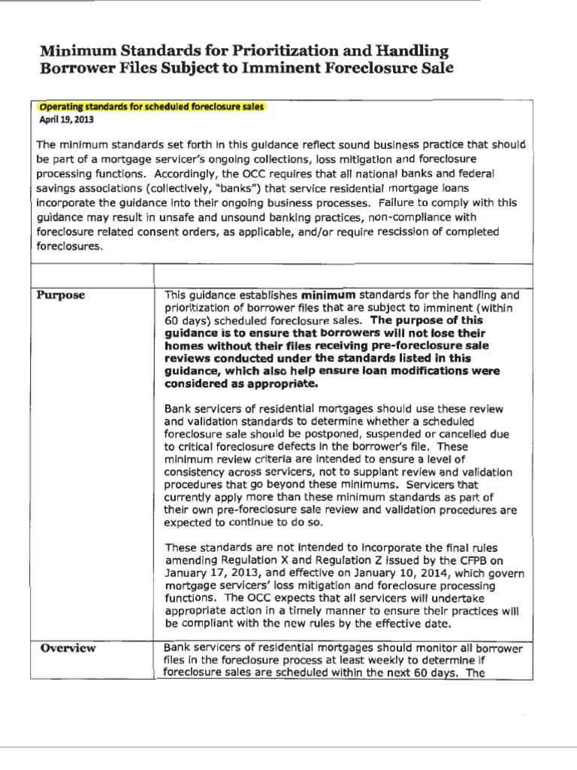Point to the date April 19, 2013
pyautogui.click(x=62, y=119)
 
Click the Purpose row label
pyautogui.click(x=62, y=296)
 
